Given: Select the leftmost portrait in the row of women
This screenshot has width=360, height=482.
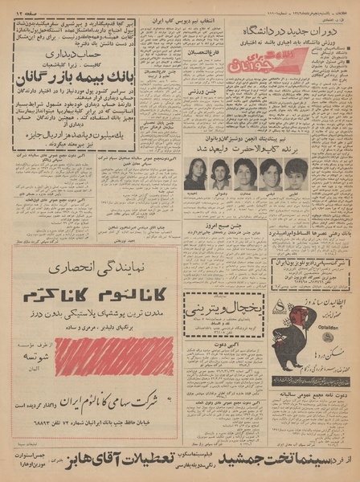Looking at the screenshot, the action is (x=195, y=173).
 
